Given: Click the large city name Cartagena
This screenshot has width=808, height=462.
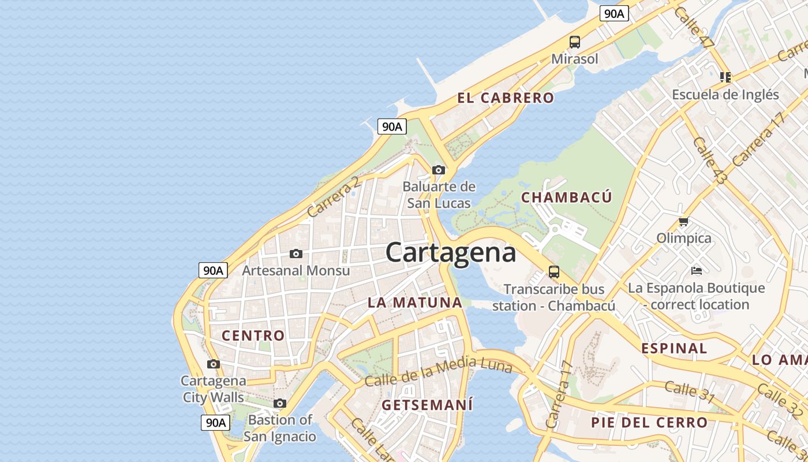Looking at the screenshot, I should click(450, 253).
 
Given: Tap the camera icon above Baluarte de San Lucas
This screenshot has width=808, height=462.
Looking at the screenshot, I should click(439, 170).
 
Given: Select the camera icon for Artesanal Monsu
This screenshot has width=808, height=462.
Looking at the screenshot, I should click(296, 254).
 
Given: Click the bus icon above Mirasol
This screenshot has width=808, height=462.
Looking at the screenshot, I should click(575, 42).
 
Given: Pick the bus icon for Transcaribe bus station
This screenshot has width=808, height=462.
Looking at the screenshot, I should click(554, 271).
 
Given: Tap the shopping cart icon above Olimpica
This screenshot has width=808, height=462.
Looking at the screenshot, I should click(684, 221).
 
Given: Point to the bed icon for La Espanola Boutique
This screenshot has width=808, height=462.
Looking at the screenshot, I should click(697, 270).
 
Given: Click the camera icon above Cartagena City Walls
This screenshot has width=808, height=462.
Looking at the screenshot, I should click(214, 364).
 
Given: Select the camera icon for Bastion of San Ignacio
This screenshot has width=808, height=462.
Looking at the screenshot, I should click(280, 403).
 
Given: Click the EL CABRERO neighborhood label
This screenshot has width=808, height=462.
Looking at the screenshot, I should click(506, 98).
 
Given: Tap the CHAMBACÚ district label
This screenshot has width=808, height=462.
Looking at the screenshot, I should click(566, 197).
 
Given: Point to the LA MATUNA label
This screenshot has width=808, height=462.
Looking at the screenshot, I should click(415, 302).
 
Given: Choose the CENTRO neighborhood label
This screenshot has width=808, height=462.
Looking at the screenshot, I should click(253, 335).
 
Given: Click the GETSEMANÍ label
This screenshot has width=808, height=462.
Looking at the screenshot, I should click(427, 405).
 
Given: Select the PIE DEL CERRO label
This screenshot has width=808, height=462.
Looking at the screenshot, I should click(649, 422).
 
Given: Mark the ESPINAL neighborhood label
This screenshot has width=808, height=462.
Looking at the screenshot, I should click(674, 348).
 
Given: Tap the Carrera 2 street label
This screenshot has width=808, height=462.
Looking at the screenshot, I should click(333, 197).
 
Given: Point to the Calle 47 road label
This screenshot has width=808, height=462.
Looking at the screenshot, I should click(694, 27).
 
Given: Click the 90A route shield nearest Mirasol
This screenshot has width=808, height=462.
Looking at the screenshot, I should click(614, 13).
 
